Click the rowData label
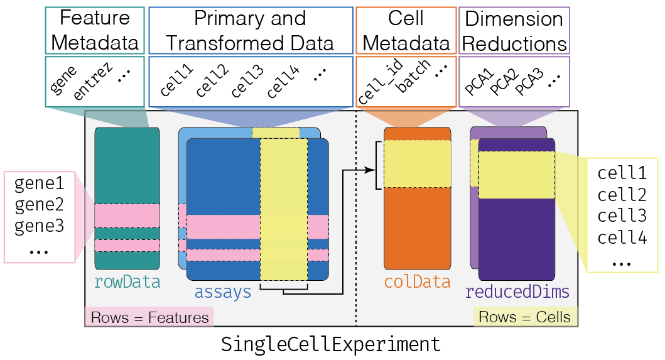coord(127,282)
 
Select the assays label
coord(223,292)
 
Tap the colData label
coord(418,282)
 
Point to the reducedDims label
coord(517,292)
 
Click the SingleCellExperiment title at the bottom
coord(331,345)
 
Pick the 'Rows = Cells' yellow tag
coord(524,317)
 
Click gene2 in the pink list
coord(40,205)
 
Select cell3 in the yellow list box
coord(622,215)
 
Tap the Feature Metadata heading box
coord(95,30)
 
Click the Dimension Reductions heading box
coord(514,30)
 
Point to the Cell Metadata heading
coord(406,30)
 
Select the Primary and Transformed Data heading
coord(250,30)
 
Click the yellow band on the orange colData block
coord(418,164)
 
